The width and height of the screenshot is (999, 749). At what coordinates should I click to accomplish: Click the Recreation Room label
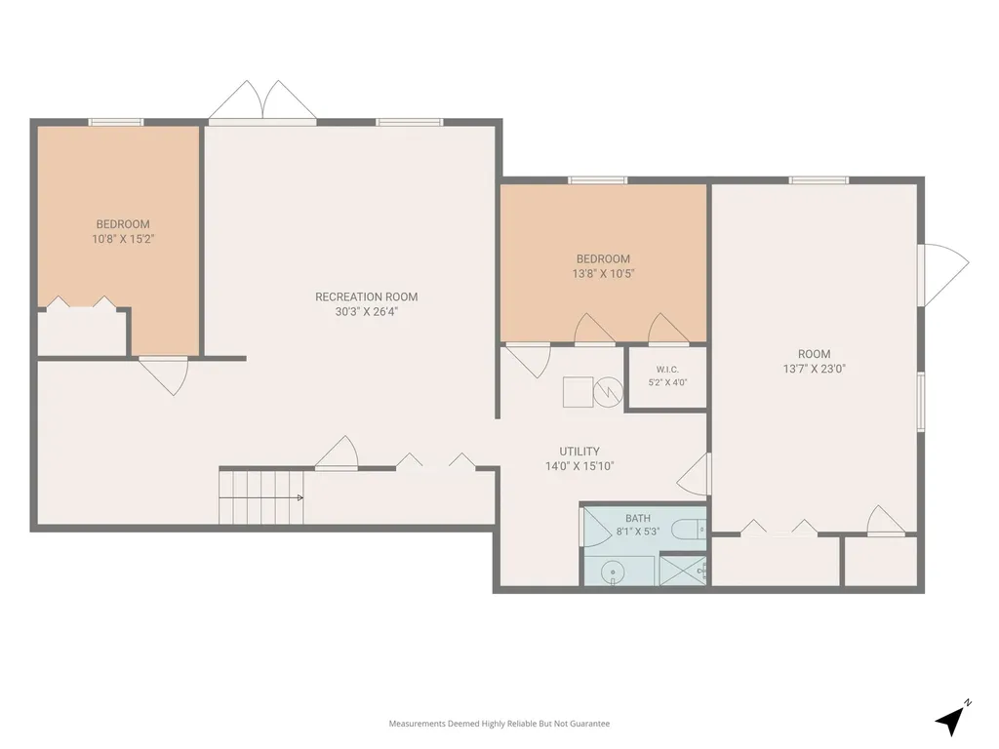367,296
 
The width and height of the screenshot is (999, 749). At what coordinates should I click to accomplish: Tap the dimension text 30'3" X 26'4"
367,312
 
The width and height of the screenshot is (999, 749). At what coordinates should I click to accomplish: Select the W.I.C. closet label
667,370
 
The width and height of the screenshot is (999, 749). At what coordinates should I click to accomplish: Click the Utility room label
579,451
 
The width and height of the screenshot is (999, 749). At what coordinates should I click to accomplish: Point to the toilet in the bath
689,529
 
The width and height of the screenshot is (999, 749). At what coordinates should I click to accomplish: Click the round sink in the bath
614,572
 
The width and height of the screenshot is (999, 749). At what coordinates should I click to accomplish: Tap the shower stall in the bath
682,571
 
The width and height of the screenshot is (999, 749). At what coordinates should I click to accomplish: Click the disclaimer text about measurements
499,724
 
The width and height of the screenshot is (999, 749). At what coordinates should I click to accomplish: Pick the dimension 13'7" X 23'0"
814,369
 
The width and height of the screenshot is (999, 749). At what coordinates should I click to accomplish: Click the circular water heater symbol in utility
608,392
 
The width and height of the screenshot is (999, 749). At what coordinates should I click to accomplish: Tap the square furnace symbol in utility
578,392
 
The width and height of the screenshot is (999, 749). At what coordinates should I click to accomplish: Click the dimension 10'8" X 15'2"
123,240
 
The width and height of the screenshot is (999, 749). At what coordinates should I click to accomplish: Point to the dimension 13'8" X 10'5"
603,274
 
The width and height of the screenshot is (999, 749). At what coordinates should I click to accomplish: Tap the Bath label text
638,519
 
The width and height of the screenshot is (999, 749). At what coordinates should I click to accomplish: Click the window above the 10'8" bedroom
116,122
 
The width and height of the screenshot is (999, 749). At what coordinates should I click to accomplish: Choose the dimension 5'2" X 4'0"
667,382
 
